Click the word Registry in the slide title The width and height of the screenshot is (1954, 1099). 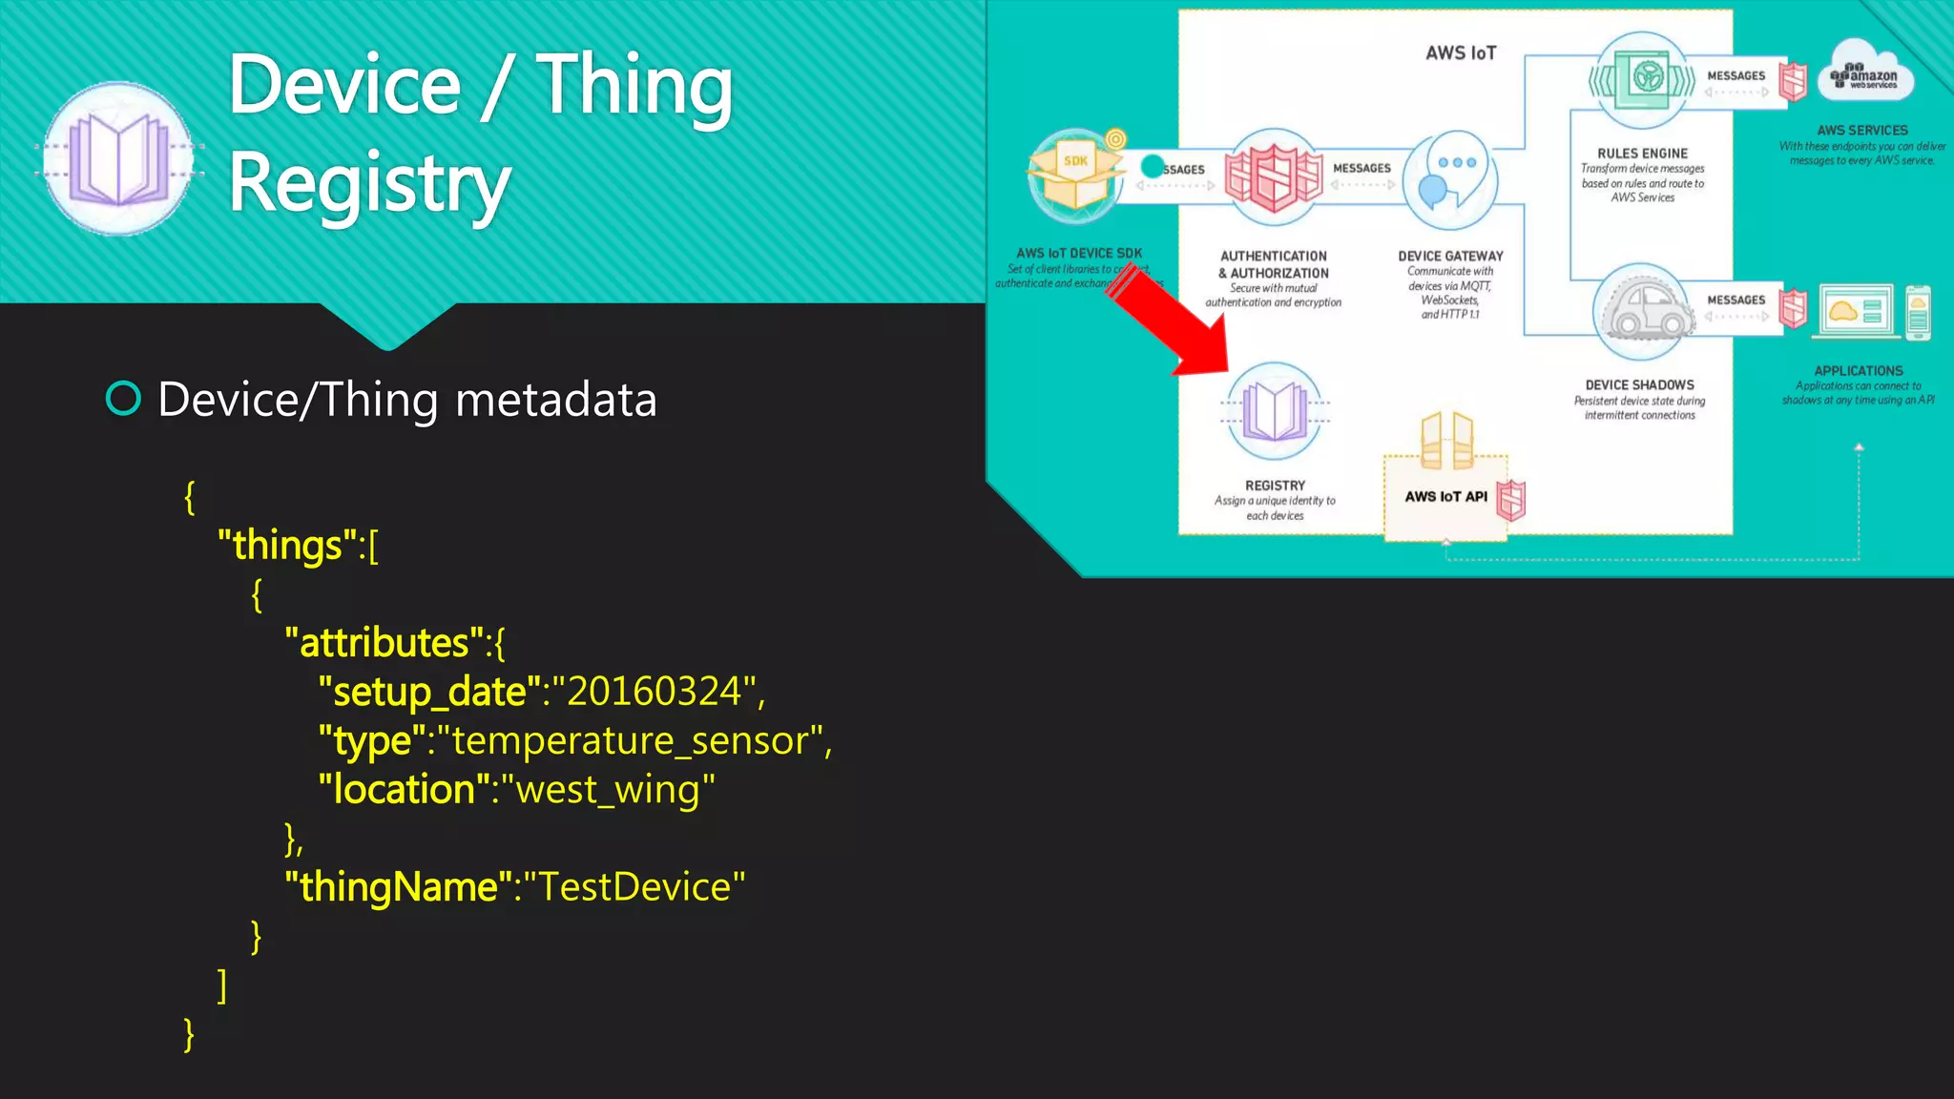point(370,183)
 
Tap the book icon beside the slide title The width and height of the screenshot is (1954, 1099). point(119,158)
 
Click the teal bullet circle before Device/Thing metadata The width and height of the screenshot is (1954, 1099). point(123,399)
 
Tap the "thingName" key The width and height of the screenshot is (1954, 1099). point(399,887)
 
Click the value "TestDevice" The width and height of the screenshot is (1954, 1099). point(634,887)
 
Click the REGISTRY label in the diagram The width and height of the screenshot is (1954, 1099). point(1275,486)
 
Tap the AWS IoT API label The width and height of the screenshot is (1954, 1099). point(1445,497)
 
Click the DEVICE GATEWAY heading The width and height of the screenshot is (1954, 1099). point(1450,256)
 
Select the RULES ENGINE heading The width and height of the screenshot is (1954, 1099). point(1642,153)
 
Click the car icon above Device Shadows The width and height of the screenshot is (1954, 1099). point(1643,307)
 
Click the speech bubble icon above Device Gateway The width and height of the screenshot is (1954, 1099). point(1449,176)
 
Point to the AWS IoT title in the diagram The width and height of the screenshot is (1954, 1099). point(1461,53)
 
